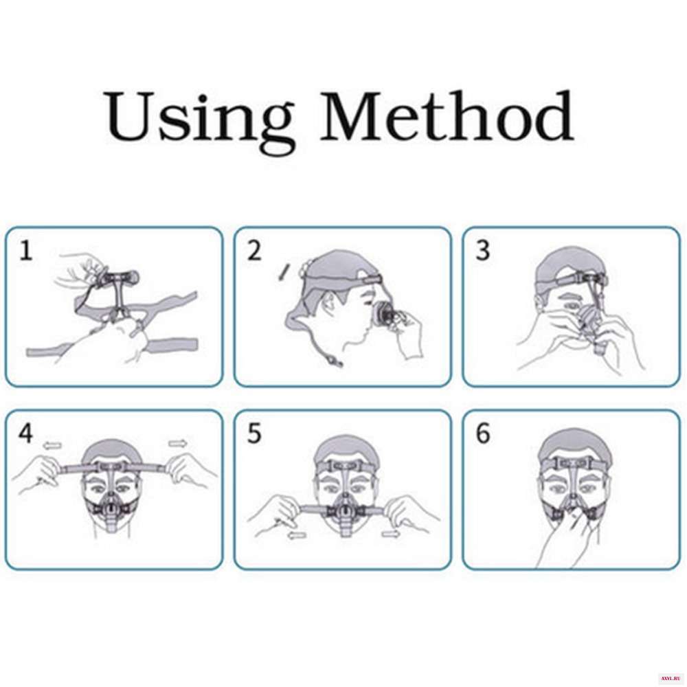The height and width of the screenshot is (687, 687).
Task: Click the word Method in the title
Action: pyautogui.click(x=447, y=115)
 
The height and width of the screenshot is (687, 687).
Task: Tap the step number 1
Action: pyautogui.click(x=26, y=251)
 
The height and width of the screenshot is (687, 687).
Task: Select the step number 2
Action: pyautogui.click(x=255, y=251)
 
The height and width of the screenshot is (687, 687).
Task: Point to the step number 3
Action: pyautogui.click(x=482, y=251)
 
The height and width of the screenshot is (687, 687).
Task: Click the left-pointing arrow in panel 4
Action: pyautogui.click(x=52, y=446)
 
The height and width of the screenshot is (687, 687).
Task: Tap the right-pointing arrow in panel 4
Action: pyautogui.click(x=179, y=443)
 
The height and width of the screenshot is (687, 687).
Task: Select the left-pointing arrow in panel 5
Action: pyautogui.click(x=297, y=535)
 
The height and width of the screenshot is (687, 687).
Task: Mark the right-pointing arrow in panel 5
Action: pyautogui.click(x=391, y=533)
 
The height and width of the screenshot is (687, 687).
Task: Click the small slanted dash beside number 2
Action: pyautogui.click(x=283, y=271)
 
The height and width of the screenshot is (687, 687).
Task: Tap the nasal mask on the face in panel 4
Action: pyautogui.click(x=111, y=507)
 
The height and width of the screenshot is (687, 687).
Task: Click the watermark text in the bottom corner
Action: pyautogui.click(x=671, y=678)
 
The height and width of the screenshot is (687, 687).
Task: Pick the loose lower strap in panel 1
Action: pyautogui.click(x=112, y=348)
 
